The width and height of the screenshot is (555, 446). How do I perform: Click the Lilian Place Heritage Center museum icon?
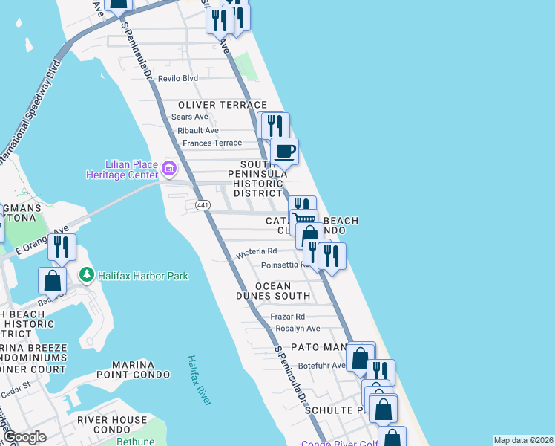[x=169, y=169]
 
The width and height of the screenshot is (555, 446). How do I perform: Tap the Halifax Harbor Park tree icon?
[x=88, y=276]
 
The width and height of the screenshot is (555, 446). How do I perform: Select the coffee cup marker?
[x=284, y=152]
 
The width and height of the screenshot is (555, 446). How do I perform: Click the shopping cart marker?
[x=303, y=220]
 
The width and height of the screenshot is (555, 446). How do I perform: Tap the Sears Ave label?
[x=190, y=117]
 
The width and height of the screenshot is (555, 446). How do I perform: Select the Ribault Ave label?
[x=197, y=130]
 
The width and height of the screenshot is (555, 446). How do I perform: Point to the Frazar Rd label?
[x=288, y=317]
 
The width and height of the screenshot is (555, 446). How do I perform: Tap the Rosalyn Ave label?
[x=298, y=329]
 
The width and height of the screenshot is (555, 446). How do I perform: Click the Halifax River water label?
[x=198, y=379]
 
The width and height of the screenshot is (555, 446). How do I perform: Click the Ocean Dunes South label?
[x=283, y=291]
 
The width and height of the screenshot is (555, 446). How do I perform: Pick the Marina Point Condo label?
[x=132, y=369]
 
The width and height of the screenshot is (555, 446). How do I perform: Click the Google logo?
[x=24, y=437]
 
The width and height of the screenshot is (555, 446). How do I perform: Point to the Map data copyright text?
[x=522, y=440]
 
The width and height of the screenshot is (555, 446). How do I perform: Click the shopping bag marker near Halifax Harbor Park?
[x=52, y=280]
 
